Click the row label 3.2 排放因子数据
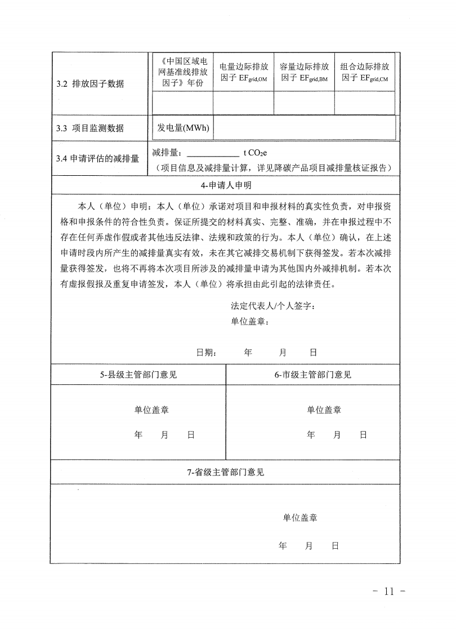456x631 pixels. pyautogui.click(x=90, y=85)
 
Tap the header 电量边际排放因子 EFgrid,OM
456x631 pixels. pyautogui.click(x=243, y=72)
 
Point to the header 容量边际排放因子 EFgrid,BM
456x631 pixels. pyautogui.click(x=304, y=72)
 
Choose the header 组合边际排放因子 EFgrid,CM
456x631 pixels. pyautogui.click(x=364, y=72)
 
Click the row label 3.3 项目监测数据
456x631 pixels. pyautogui.click(x=90, y=128)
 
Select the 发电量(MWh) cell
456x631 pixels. pyautogui.click(x=183, y=128)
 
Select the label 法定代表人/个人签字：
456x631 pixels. pyautogui.click(x=269, y=306)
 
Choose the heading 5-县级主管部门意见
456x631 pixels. pyautogui.click(x=138, y=375)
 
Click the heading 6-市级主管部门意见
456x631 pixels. pyautogui.click(x=313, y=375)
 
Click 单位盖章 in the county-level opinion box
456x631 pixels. pyautogui.click(x=151, y=410)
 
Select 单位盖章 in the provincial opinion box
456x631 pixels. pyautogui.click(x=300, y=517)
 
